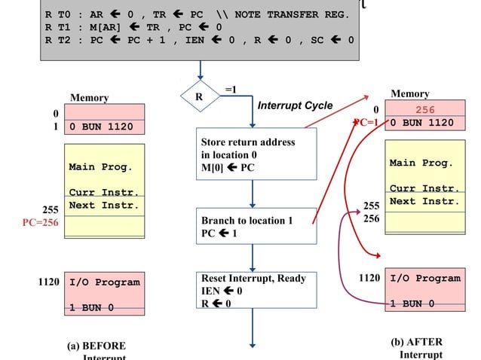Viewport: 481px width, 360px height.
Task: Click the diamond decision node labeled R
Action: [200, 96]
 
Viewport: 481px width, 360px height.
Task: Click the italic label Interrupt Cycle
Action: [295, 105]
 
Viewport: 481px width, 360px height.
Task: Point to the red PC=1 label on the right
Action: [369, 123]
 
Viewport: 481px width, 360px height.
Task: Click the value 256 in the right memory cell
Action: [425, 110]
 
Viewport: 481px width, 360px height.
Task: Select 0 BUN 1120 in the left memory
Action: [101, 127]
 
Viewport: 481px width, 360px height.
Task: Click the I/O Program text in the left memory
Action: [104, 282]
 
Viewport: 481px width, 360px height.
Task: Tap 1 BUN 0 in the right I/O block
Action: [412, 304]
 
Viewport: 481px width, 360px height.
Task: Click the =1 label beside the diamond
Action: [231, 90]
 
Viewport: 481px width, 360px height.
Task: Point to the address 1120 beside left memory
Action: [49, 282]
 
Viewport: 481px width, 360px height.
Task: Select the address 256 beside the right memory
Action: [372, 218]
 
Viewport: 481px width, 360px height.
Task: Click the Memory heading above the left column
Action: [89, 98]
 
